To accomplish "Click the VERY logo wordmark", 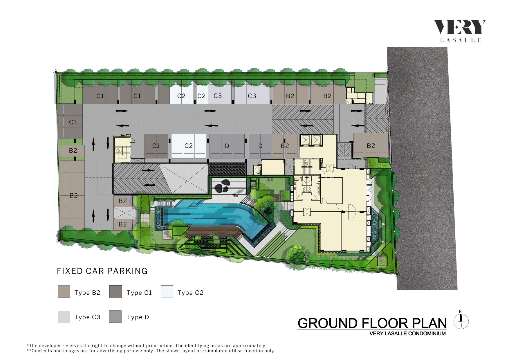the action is (459, 27).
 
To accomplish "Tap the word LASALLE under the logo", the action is (461, 40).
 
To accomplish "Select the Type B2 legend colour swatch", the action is (64, 292).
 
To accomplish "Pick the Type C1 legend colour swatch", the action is (115, 292).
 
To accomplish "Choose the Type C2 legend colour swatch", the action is (167, 292).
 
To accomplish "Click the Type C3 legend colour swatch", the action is (64, 317).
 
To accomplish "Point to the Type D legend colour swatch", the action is (115, 317).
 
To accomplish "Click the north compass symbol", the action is (461, 321).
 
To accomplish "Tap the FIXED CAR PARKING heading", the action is (102, 271).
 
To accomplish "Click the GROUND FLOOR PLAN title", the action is (372, 323).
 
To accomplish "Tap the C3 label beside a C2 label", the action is (218, 96).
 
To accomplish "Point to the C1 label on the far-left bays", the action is (73, 122).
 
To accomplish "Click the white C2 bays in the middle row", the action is (189, 146).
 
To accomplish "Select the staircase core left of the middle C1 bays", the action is (122, 150).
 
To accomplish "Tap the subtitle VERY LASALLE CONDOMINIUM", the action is (407, 334).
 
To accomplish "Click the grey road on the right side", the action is (422, 168).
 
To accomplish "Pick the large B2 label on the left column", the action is (74, 195).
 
